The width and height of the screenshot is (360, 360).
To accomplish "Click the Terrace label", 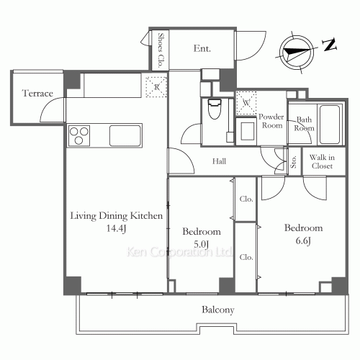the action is (37, 93).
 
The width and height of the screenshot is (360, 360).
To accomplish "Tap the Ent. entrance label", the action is (202, 48).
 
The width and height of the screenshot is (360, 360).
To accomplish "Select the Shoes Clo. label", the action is (161, 50).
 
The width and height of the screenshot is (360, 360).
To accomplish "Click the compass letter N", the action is (330, 45).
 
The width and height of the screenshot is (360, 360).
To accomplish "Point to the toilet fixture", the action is (214, 109).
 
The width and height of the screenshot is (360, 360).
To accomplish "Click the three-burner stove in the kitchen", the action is (79, 135).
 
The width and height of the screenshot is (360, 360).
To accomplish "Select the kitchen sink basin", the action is (125, 135).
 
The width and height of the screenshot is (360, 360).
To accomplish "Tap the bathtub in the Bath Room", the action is (330, 125).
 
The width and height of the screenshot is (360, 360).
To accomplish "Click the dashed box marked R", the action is (156, 87).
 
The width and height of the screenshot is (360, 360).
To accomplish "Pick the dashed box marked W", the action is (246, 103).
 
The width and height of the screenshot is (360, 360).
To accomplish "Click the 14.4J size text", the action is (116, 228).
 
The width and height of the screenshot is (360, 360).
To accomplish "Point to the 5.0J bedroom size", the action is (201, 244).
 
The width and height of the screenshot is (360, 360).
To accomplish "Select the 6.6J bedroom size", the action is (303, 240).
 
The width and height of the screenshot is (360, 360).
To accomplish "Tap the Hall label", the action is (219, 161).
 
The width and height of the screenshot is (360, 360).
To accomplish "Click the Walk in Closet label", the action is (322, 161).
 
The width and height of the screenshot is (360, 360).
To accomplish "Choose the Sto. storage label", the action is (294, 161).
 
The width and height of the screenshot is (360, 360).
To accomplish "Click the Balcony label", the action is (218, 310).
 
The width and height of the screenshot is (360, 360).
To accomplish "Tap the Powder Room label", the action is (271, 121).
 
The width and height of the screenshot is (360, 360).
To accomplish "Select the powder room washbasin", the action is (247, 131).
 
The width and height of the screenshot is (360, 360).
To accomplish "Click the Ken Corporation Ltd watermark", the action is (179, 252).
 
